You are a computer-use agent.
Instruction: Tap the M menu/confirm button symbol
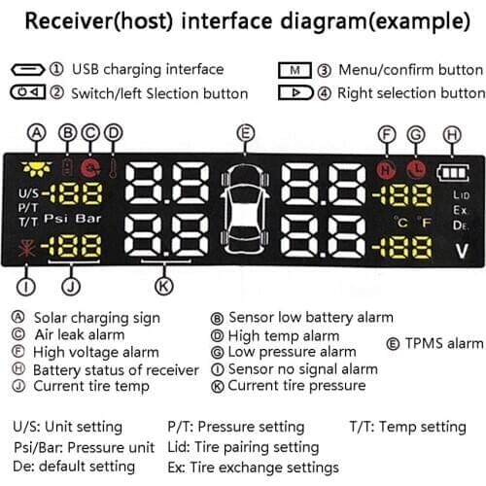click(295, 70)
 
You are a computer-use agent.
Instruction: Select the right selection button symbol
click(295, 93)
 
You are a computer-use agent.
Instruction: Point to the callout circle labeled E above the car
click(246, 133)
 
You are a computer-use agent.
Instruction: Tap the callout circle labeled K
click(164, 286)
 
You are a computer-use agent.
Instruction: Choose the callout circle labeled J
click(69, 286)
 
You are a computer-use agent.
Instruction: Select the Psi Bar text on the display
click(65, 220)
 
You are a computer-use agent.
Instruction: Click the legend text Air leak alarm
click(80, 335)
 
